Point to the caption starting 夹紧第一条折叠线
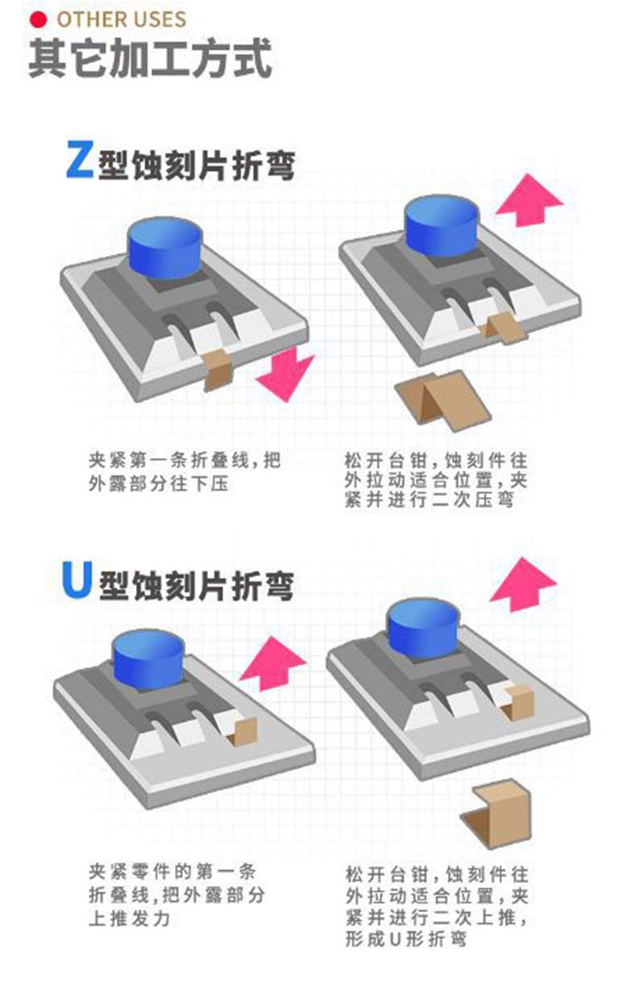coord(185,472)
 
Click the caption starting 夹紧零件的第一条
coord(176,895)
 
